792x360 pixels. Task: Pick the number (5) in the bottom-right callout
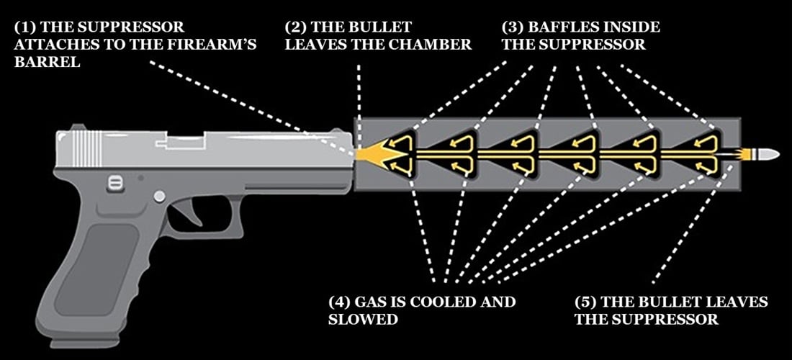click(x=586, y=301)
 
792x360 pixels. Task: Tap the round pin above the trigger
click(x=159, y=196)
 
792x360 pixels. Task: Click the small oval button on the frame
click(x=114, y=183)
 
